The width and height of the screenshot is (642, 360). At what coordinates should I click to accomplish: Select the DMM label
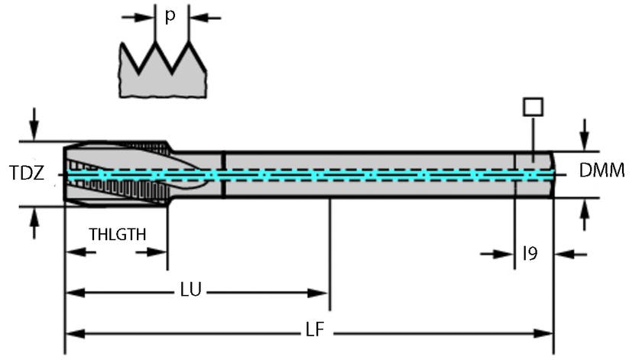tap(601, 171)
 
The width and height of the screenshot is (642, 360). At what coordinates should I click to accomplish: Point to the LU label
tap(191, 291)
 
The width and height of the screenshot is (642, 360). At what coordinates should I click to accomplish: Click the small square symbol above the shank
tap(532, 105)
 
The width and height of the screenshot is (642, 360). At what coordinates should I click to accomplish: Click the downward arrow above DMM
tap(585, 135)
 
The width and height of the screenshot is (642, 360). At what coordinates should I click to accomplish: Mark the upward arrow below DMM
tap(585, 215)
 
